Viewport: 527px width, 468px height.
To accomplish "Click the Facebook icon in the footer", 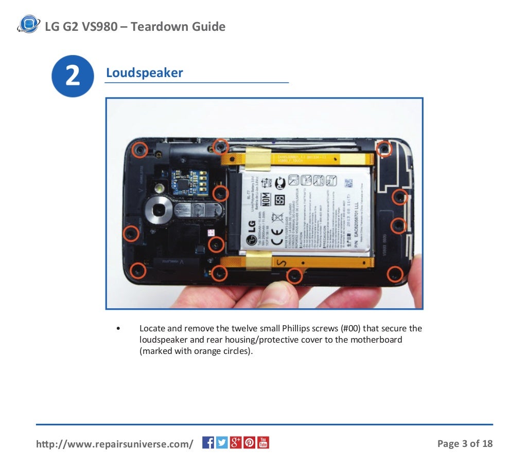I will click(208, 442).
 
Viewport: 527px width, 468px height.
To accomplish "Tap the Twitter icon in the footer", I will click(222, 442).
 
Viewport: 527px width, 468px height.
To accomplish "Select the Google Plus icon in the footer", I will click(236, 442).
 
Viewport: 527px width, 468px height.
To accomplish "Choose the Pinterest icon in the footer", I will click(249, 442).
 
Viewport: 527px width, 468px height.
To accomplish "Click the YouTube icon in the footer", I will click(263, 442).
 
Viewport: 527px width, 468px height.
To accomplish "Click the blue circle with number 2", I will click(73, 76).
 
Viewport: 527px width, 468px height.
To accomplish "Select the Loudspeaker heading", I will click(144, 73).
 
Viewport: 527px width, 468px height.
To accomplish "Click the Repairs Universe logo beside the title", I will click(28, 25).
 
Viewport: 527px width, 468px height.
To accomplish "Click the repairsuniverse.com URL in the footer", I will click(114, 443).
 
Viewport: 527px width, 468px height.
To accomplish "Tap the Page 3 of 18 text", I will click(465, 443).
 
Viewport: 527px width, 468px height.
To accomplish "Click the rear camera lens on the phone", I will click(160, 210).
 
